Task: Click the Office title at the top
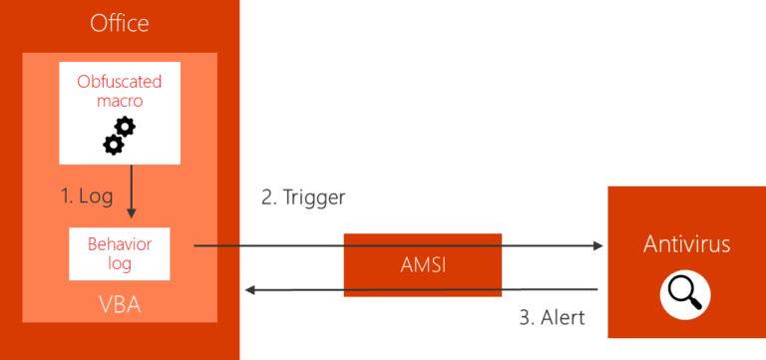[x=120, y=22]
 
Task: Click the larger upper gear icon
[x=125, y=128]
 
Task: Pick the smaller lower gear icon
[x=113, y=145]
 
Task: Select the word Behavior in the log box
[x=119, y=244]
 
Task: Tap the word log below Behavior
[x=119, y=263]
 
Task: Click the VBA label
[x=120, y=304]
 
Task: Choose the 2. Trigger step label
[x=303, y=197]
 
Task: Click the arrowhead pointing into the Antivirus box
[x=599, y=244]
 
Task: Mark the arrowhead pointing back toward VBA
[x=250, y=290]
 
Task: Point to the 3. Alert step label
[x=552, y=318]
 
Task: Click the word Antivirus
[x=686, y=244]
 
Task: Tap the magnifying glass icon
[x=686, y=292]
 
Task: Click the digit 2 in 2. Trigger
[x=267, y=197]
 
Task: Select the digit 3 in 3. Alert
[x=524, y=318]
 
